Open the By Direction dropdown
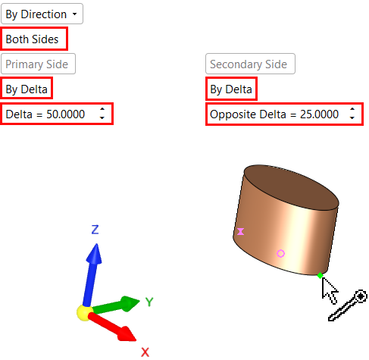[x=42, y=14]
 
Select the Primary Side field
[x=38, y=64]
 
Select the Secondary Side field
[x=250, y=64]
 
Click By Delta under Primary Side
[x=27, y=88]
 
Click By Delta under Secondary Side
[x=231, y=89]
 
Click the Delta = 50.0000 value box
[x=57, y=114]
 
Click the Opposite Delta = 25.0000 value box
[x=284, y=114]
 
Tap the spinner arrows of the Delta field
[x=102, y=114]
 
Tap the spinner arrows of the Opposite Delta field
[x=352, y=114]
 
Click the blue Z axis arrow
[x=92, y=275]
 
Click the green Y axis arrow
[x=115, y=305]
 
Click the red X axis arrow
[x=112, y=327]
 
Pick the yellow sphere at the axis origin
[x=85, y=312]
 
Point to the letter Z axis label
[x=95, y=229]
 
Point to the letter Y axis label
[x=149, y=302]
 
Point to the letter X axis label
[x=145, y=352]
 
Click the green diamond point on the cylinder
[x=320, y=275]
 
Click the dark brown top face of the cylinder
[x=291, y=187]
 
